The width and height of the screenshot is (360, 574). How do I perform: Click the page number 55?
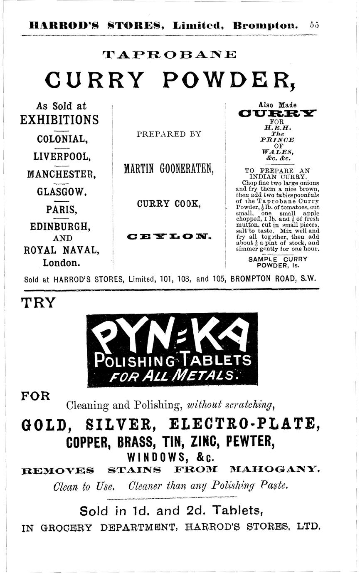tap(314, 25)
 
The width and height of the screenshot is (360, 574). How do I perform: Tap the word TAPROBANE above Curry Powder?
tap(169, 54)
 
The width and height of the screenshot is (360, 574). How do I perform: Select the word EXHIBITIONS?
tap(59, 120)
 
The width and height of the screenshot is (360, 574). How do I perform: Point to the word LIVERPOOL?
tap(62, 157)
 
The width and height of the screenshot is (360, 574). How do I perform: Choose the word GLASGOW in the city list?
tap(62, 193)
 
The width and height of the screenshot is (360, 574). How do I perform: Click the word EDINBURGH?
tap(60, 227)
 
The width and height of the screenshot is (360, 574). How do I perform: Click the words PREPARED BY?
tap(169, 134)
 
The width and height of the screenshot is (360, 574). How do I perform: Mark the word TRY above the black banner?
tap(38, 302)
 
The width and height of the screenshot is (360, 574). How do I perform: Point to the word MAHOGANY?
tap(275, 471)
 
